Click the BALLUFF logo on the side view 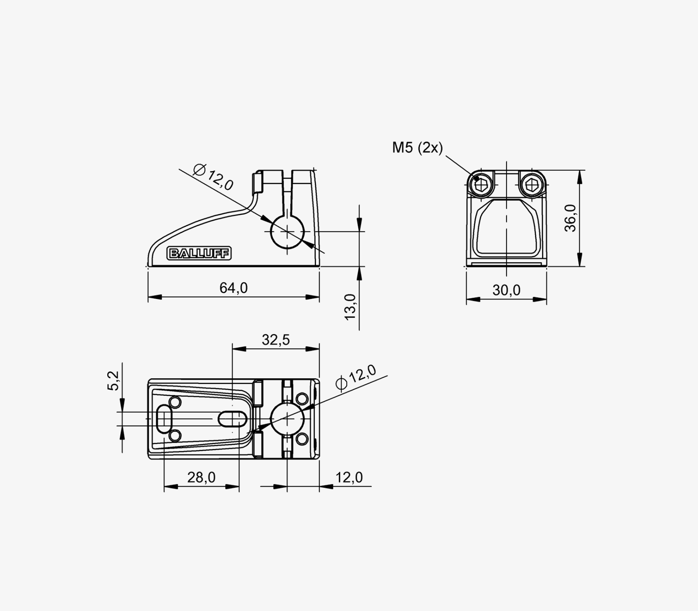coord(199,253)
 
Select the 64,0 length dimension coord(233,288)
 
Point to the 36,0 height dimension coord(570,218)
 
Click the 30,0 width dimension coord(506,290)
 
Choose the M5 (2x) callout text coord(417,147)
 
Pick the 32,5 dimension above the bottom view coord(276,340)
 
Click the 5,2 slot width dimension coord(113,381)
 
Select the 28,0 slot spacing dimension coord(202,477)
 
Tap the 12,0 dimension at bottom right coord(349,477)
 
